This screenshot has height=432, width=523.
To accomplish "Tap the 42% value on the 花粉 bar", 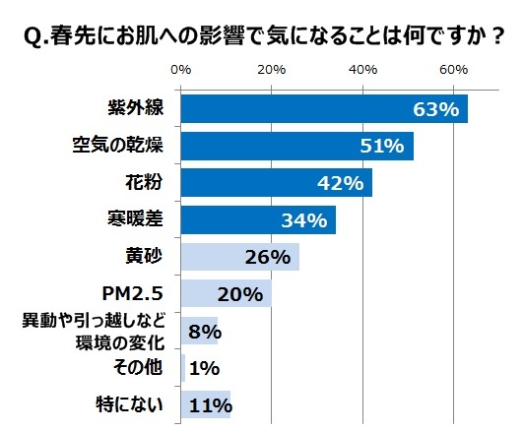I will [342, 184].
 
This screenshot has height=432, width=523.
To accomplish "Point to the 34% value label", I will [305, 220].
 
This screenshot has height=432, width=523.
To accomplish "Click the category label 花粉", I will [144, 182].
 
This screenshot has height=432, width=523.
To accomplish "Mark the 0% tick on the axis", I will [181, 70].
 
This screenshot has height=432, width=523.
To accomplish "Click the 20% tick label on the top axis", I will [272, 70].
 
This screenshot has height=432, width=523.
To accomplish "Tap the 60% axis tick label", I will [454, 70].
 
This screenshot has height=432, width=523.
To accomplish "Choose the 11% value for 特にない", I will [209, 404].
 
